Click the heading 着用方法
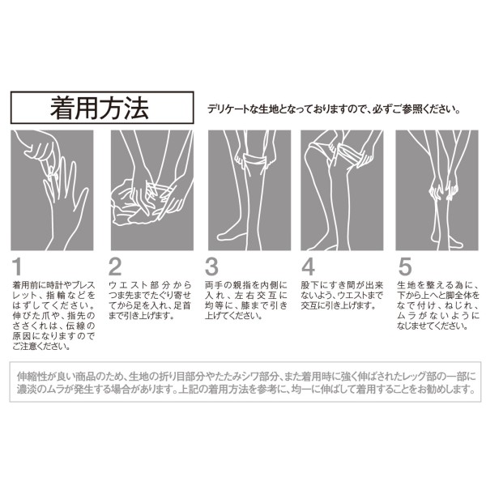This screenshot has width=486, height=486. coord(100,108)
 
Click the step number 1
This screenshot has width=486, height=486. coord(17,266)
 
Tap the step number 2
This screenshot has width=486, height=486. coord(115,266)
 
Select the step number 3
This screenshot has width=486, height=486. coord(211,266)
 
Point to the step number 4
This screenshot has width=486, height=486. coord(308,266)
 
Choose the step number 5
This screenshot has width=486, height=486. coord(405,266)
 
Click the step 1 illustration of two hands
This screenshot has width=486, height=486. coord(52,190)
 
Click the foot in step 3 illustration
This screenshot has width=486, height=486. coord(232,233)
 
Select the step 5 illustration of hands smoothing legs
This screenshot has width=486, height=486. coord(437,190)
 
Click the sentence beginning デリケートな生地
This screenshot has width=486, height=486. coord(334,109)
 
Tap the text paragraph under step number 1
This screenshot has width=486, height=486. coord(53,316)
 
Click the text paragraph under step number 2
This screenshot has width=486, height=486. coord(150,301)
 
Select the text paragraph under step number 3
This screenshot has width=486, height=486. coord(246,301)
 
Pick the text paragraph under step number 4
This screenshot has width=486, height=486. coord(342,295)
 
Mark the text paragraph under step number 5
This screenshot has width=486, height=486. coord(438,305)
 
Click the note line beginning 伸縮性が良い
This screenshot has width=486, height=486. coord(246,377)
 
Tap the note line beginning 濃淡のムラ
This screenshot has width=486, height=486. coord(245,389)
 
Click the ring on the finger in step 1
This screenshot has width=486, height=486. coord(53,177)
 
